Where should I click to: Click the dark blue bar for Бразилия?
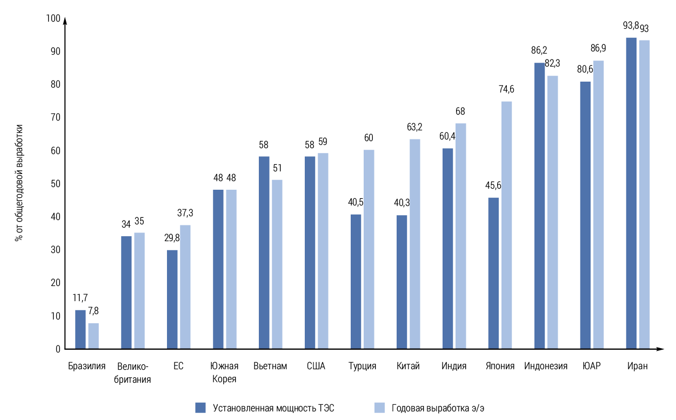click(x=80, y=329)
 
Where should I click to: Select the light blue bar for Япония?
click(x=506, y=225)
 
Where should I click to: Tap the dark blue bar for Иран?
click(x=631, y=193)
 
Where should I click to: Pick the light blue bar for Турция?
click(x=369, y=249)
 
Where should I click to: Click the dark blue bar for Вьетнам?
click(x=264, y=252)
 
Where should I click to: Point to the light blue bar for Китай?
click(x=414, y=244)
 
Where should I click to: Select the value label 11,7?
click(x=80, y=298)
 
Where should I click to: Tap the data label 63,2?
click(x=414, y=128)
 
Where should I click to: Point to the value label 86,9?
click(x=598, y=49)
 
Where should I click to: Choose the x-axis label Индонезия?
click(x=546, y=366)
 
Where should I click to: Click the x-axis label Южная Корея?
click(x=224, y=372)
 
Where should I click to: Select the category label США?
click(x=316, y=366)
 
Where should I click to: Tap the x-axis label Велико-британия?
click(x=132, y=372)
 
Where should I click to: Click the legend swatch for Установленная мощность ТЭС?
click(x=200, y=408)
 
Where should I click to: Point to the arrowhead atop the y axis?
click(x=65, y=21)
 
